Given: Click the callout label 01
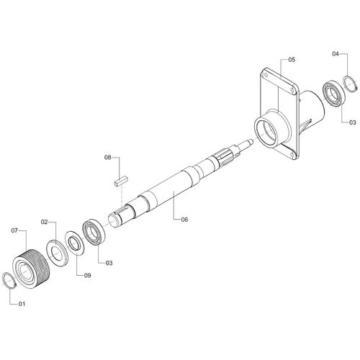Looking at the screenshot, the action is (22, 304).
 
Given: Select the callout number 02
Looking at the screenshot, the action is (45, 222).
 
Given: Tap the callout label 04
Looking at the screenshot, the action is (336, 54).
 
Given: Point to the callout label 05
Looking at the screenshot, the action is (292, 60).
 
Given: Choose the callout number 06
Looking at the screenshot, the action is (184, 220).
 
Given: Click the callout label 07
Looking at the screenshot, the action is (14, 230).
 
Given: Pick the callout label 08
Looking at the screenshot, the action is (107, 158).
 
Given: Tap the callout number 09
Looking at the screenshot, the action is (87, 275).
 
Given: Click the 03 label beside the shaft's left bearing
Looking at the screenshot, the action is (109, 263).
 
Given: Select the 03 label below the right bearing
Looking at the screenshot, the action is (353, 122).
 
